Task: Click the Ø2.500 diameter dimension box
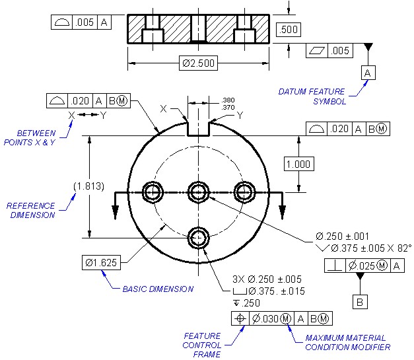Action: [x=198, y=63]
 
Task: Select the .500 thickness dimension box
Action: [x=289, y=29]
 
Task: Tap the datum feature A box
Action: [x=368, y=73]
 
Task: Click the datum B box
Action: [x=360, y=302]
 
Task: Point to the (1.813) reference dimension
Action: [x=88, y=186]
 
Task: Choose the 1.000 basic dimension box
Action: [x=298, y=164]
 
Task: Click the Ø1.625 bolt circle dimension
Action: [x=102, y=262]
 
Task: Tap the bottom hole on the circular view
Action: [x=198, y=238]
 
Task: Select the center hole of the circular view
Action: [x=198, y=192]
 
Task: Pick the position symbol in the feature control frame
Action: [x=240, y=318]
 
